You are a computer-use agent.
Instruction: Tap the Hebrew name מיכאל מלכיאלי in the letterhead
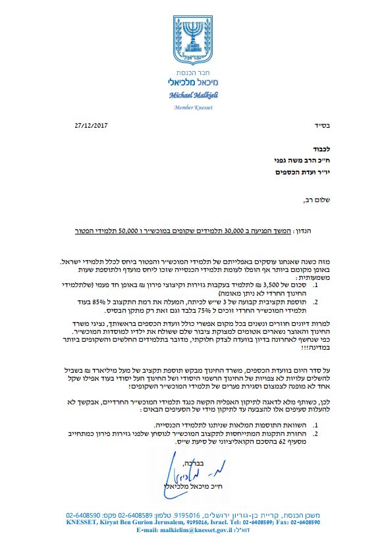pyautogui.click(x=190, y=83)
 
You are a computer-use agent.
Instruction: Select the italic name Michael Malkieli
pyautogui.click(x=190, y=95)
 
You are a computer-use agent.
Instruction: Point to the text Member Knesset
pyautogui.click(x=190, y=106)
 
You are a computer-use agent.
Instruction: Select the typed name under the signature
pyautogui.click(x=191, y=487)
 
